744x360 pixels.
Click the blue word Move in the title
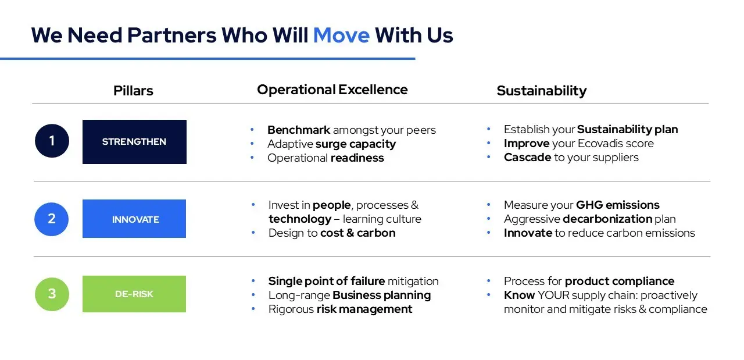tap(341, 35)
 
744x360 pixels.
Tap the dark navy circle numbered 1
tap(52, 141)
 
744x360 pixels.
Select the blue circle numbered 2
tap(52, 219)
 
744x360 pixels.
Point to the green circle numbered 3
tap(52, 294)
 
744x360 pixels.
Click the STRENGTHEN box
tap(134, 141)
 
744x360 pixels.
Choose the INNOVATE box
tap(134, 219)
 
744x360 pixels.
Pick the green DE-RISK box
tap(134, 294)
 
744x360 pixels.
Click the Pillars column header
tap(133, 91)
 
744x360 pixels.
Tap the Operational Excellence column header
tap(332, 90)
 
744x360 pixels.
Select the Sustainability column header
tap(542, 91)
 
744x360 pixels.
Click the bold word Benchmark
tap(299, 130)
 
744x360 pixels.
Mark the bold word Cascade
tap(527, 157)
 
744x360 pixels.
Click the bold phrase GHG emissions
tap(618, 205)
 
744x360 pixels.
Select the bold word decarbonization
tap(608, 219)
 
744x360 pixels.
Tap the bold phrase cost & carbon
tap(357, 233)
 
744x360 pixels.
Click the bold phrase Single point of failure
tap(327, 281)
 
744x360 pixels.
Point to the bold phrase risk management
tap(364, 309)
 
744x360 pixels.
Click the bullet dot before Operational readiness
tap(252, 157)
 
